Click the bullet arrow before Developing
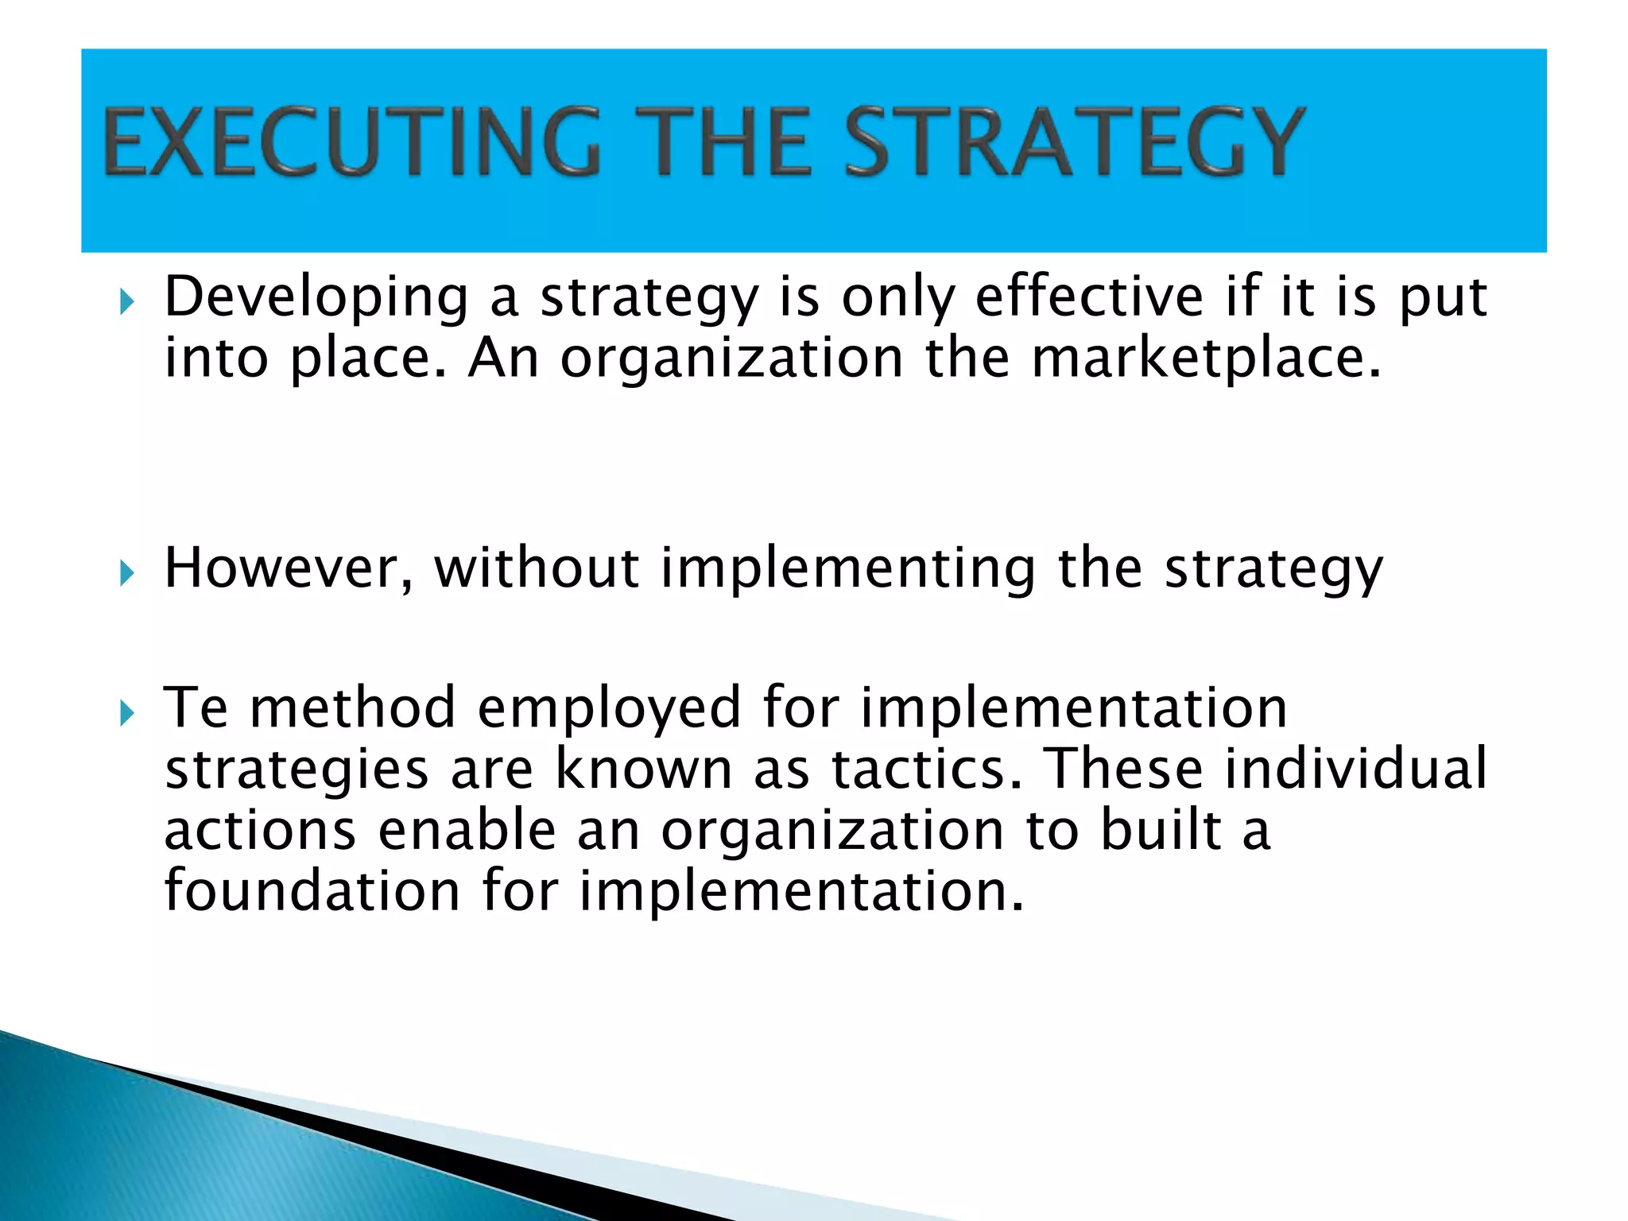coord(127,301)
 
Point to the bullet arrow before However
coord(127,572)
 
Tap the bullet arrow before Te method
coord(127,712)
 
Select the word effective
coord(1089,297)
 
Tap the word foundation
coord(312,890)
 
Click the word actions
coord(260,831)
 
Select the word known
coord(643,769)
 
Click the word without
coord(537,569)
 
